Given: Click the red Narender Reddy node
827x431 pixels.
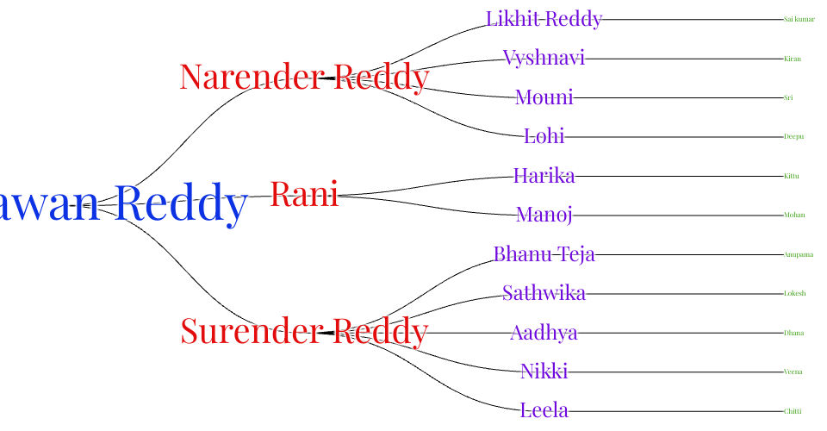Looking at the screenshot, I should (304, 78).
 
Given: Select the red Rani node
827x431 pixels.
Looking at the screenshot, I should (304, 195).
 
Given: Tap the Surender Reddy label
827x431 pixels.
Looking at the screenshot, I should (304, 332).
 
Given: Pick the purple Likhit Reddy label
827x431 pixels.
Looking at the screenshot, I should (544, 19).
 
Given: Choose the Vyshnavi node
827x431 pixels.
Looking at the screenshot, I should (544, 59).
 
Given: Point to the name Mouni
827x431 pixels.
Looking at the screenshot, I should (544, 97).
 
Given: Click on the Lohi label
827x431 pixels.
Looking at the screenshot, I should (544, 136).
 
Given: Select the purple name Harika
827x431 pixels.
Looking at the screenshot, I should (544, 176).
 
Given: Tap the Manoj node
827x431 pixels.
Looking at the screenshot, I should (544, 215).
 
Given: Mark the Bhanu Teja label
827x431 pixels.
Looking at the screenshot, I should (544, 254).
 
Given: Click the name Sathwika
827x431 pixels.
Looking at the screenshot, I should (544, 294).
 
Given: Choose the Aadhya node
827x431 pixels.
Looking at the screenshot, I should (544, 333).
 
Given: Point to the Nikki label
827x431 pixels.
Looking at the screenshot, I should (544, 372).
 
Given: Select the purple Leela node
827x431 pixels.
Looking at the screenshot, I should (544, 411).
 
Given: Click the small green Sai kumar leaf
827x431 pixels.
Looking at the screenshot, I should (799, 19).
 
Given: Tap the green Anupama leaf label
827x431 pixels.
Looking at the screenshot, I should (798, 254).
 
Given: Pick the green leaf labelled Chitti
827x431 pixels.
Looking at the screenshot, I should (793, 411).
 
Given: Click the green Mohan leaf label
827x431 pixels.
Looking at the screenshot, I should (794, 215).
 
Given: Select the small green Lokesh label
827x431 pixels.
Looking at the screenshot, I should (794, 294).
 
